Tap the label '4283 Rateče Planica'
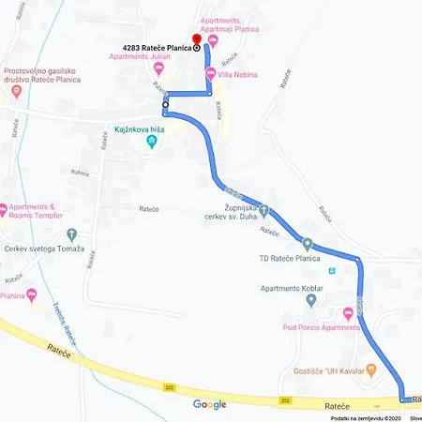[156, 47]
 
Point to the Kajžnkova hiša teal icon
[155, 142]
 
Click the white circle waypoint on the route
[165, 105]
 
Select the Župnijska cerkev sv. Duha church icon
[264, 210]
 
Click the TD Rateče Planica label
[290, 257]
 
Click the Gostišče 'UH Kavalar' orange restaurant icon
[371, 369]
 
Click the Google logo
[210, 404]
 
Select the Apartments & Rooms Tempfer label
[43, 211]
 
